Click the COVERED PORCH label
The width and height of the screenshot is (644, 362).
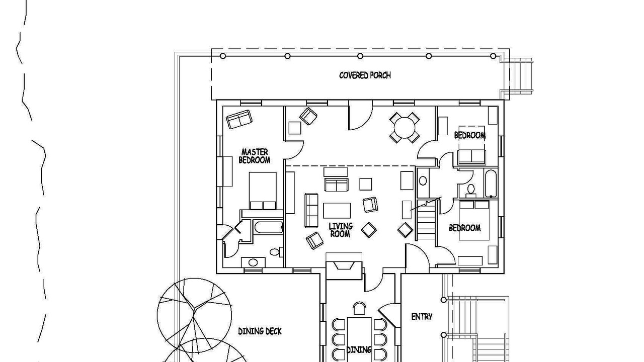(365, 75)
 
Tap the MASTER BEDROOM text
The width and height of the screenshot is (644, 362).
(255, 156)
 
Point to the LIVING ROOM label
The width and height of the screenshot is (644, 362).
(341, 230)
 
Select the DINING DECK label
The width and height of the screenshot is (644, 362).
(260, 331)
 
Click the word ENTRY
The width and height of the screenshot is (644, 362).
(422, 317)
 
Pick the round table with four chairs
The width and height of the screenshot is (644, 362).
(405, 128)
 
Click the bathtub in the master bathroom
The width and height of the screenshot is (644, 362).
(269, 227)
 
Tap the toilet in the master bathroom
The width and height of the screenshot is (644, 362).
(275, 252)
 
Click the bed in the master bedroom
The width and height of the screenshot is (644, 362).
(263, 191)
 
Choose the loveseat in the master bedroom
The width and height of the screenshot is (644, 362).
(239, 119)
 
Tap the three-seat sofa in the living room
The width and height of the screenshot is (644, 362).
(311, 210)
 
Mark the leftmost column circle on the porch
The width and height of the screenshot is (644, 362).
(223, 56)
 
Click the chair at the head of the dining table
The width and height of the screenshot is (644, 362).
(359, 309)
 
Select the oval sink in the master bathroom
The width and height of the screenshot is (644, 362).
(253, 262)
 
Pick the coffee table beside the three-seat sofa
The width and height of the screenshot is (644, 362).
(337, 211)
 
